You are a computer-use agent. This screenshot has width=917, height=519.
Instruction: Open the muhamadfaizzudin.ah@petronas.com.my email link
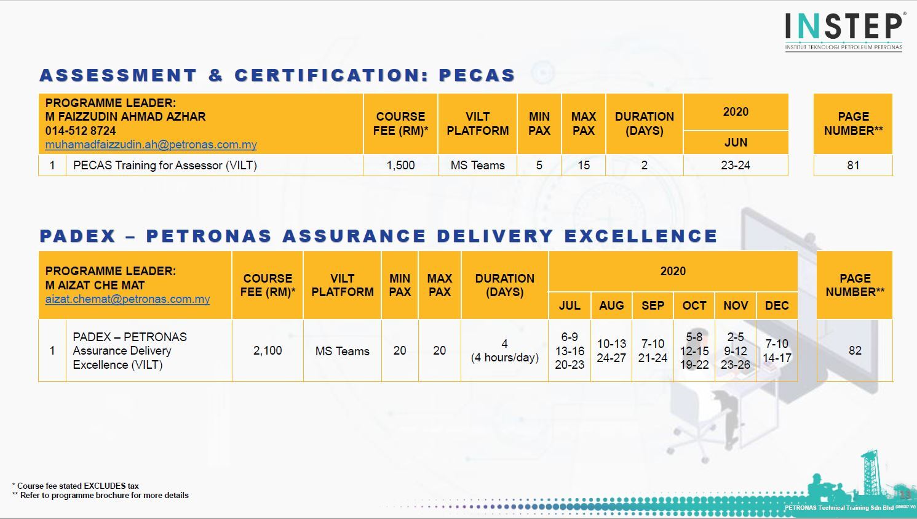(x=151, y=145)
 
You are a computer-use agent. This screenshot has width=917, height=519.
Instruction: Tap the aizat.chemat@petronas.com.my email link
(x=127, y=299)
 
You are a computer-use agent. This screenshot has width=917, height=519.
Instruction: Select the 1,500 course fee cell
(x=400, y=165)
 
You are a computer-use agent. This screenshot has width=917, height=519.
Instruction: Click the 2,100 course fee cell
(x=268, y=350)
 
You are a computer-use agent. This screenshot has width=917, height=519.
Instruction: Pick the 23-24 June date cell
(x=736, y=165)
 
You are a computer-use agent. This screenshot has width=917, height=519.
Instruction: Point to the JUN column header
(x=736, y=142)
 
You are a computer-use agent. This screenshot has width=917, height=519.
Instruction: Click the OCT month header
(x=694, y=305)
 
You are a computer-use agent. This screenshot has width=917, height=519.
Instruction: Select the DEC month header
(x=777, y=305)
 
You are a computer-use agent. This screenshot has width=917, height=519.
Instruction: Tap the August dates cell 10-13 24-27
(x=611, y=350)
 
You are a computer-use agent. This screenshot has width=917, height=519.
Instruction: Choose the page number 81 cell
(x=853, y=165)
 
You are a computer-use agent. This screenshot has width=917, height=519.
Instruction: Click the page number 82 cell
(x=855, y=350)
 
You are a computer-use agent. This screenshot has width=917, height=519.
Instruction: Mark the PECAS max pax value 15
(x=584, y=165)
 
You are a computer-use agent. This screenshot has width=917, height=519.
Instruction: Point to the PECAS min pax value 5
(x=539, y=165)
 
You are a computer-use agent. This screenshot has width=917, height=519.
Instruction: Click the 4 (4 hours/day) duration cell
(x=504, y=350)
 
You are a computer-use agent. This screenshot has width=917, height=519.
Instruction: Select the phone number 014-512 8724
(x=81, y=131)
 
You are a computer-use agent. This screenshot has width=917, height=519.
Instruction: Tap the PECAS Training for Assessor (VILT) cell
(x=165, y=165)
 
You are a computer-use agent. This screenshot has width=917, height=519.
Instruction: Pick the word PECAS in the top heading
(x=477, y=75)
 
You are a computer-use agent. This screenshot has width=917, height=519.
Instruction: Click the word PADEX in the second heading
(x=78, y=236)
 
